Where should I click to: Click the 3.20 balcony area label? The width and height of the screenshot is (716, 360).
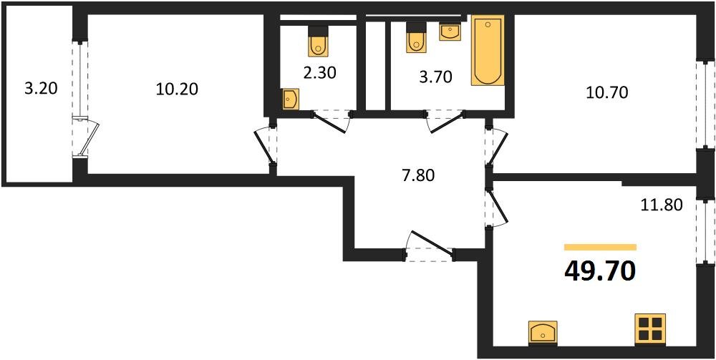coord(41,89)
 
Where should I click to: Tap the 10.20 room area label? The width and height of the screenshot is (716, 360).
coord(177,89)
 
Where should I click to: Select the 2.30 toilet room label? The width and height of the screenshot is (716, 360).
coord(320,72)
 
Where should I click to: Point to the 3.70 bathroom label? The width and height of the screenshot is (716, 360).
coord(435,77)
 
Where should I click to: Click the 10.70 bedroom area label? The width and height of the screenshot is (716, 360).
coord(607,92)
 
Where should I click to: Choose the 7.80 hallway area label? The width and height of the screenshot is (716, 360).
coord(418,175)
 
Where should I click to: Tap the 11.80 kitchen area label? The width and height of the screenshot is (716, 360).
coord(661,205)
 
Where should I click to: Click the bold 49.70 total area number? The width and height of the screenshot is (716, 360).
coord(600,272)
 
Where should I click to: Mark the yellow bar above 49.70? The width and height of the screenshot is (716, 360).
coord(600,248)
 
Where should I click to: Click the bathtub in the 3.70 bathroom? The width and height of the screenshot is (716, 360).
coord(488,50)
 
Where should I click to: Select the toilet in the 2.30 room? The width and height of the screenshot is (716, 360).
coord(318,41)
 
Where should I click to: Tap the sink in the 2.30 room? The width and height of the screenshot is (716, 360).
coord(291,99)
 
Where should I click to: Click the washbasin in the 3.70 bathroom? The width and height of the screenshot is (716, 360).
coord(450,32)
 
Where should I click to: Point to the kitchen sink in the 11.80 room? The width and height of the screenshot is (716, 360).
coord(543,332)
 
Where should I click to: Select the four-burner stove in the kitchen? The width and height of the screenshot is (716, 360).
coord(650,329)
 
